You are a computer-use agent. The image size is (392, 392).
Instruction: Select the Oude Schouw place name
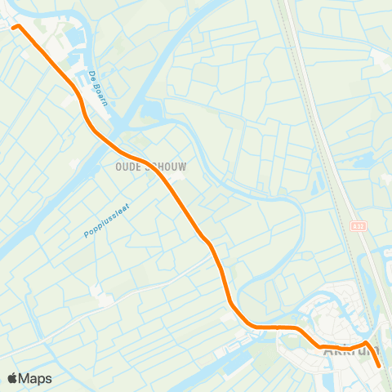pyautogui.click(x=145, y=167)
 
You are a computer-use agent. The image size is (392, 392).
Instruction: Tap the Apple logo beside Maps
pyautogui.click(x=12, y=378)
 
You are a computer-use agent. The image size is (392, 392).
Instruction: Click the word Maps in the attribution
pyautogui.click(x=36, y=378)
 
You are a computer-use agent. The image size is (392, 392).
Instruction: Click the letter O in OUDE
pyautogui.click(x=109, y=167)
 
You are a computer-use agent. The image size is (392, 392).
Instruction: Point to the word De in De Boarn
pyautogui.click(x=89, y=75)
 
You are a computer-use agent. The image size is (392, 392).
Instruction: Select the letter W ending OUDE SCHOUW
pyautogui.click(x=181, y=167)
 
